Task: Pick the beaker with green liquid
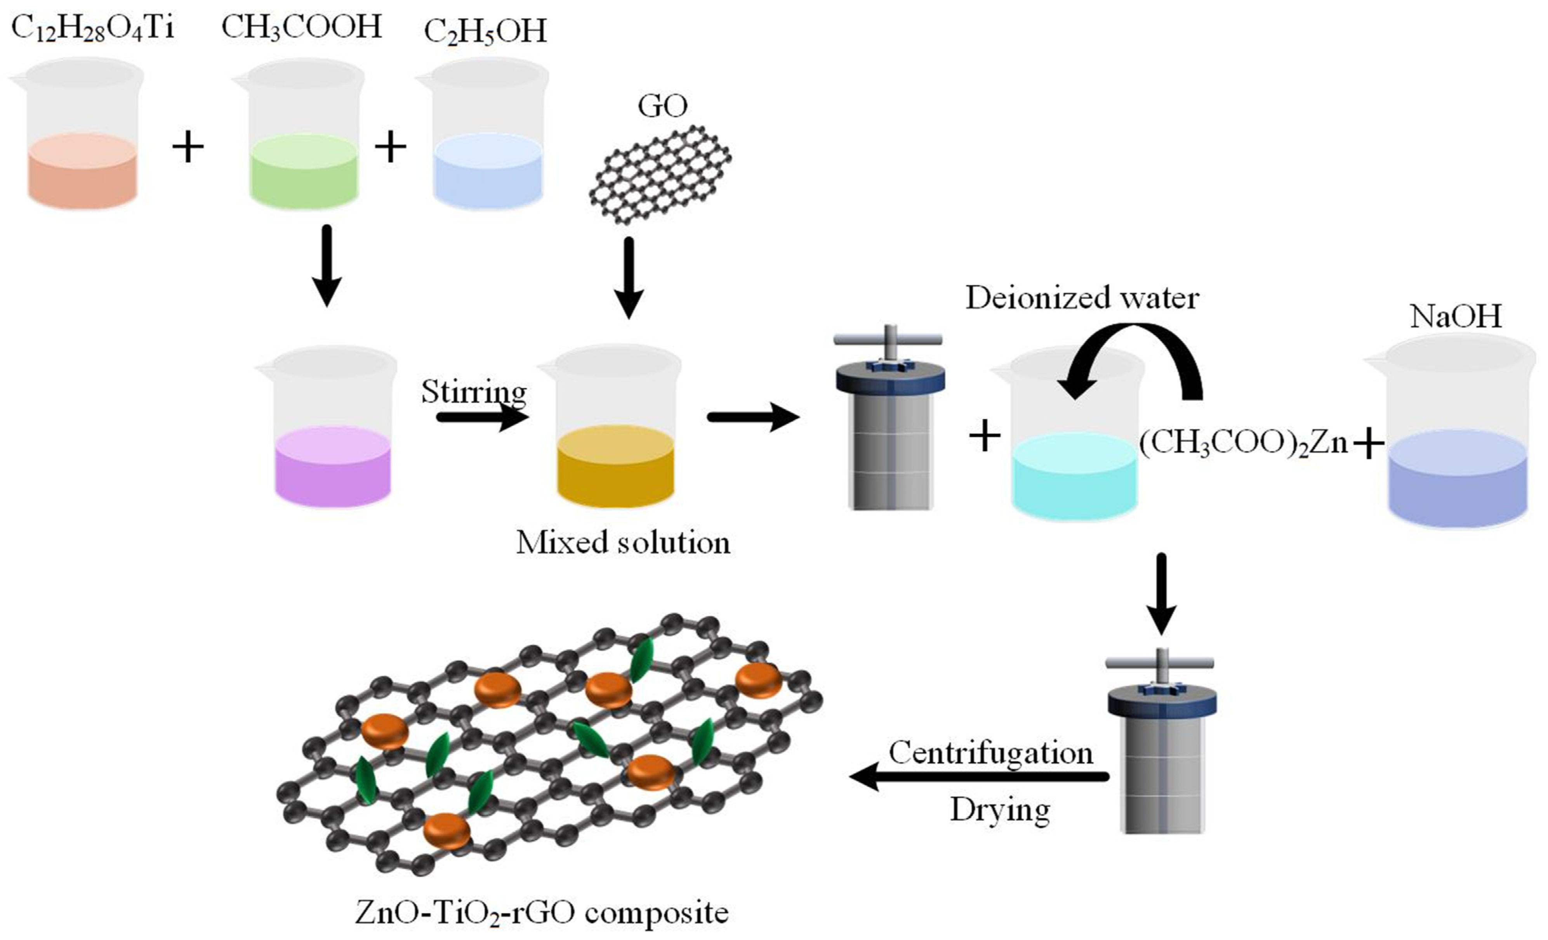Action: [303, 144]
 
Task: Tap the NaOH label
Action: [1455, 316]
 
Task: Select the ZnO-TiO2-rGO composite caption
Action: [542, 912]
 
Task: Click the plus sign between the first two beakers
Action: [188, 148]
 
